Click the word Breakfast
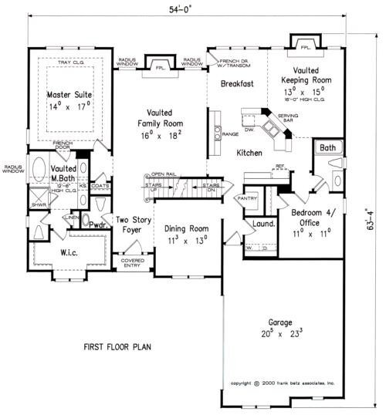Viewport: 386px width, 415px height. (x=237, y=83)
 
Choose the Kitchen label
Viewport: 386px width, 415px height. (x=250, y=154)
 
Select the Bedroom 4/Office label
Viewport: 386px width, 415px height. (x=312, y=217)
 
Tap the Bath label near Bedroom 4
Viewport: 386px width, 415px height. (x=328, y=147)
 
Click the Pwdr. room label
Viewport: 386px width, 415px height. (x=97, y=226)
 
